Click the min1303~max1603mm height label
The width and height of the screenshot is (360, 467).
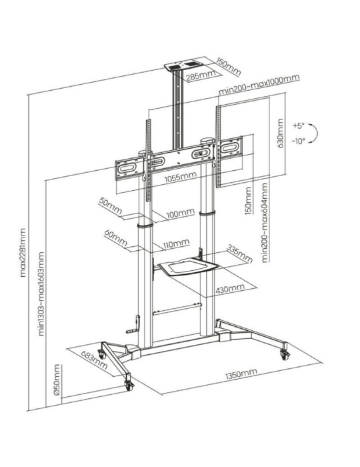point(41,294)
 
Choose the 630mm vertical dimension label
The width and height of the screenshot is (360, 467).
point(279,133)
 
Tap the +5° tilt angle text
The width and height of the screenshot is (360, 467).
point(297,125)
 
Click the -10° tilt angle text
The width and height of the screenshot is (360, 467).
point(297,141)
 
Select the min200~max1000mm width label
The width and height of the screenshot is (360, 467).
point(259,79)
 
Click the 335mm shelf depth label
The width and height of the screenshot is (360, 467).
point(238,254)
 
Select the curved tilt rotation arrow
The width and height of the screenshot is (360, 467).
point(315,133)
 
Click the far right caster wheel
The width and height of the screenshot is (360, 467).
point(285,352)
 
